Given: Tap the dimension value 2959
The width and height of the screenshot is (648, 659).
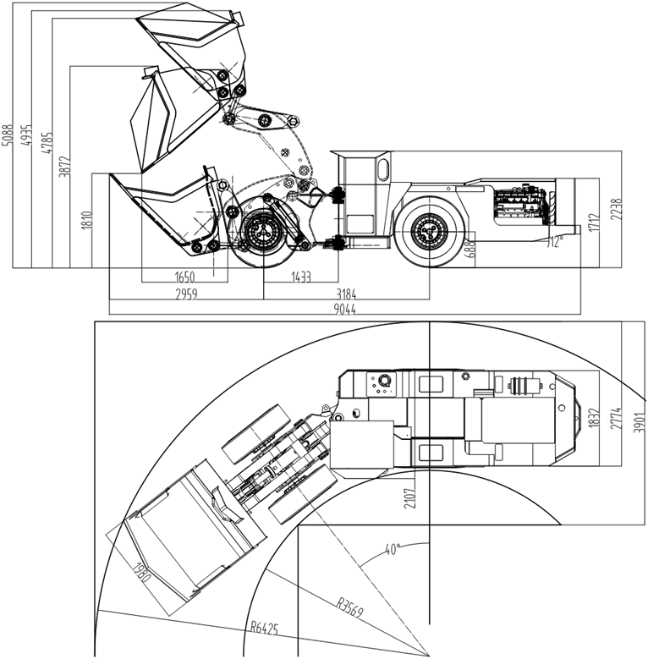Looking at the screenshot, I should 186,294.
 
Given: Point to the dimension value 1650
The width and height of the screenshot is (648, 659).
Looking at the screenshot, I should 184,277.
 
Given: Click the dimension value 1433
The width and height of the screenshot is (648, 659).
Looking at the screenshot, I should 300,277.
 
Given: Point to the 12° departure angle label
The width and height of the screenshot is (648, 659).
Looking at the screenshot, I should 554,242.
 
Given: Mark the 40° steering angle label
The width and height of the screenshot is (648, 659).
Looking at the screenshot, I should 391,549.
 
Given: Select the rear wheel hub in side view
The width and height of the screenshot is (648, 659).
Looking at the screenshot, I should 427,230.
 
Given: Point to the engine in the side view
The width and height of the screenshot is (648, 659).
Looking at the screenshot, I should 519,209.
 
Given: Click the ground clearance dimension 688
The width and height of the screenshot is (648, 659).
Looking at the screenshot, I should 464,247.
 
